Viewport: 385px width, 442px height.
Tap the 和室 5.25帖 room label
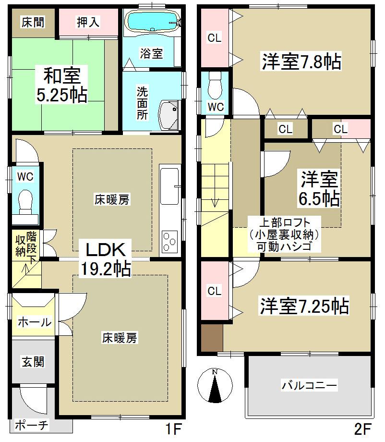click(62, 85)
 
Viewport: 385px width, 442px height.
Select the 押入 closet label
click(88, 23)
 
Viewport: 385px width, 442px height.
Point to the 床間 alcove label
click(32, 22)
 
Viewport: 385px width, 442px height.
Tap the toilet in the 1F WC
click(25, 199)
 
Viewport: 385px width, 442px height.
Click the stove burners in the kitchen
click(169, 241)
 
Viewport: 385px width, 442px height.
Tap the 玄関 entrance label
click(33, 361)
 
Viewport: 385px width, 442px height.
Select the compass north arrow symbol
click(215, 385)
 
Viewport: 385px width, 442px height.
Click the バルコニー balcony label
click(309, 385)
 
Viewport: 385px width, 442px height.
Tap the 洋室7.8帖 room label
click(301, 61)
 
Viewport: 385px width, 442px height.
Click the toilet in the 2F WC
click(216, 83)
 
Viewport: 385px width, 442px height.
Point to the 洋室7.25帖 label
click(304, 306)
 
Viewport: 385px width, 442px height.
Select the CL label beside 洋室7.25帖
click(214, 291)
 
